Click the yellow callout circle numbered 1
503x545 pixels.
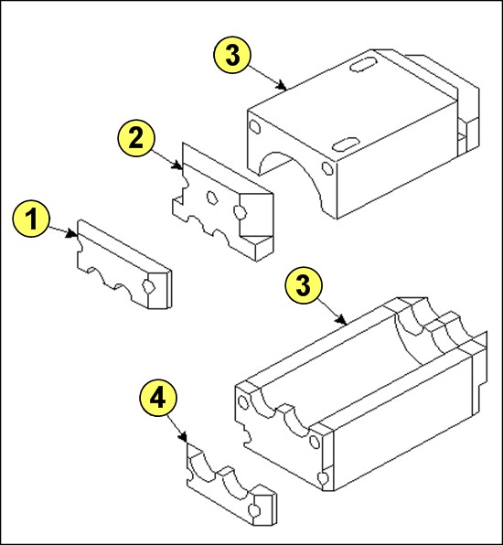31,219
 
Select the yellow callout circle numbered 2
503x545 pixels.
136,138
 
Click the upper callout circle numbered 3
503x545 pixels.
232,55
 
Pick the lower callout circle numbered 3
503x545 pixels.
304,285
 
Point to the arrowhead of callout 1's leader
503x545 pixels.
73,234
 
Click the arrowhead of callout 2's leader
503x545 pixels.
178,166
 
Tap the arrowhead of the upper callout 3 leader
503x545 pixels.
283,86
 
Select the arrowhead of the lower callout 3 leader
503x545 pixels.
342,320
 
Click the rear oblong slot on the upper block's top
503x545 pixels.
363,64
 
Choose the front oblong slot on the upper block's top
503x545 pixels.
346,144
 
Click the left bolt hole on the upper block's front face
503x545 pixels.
255,127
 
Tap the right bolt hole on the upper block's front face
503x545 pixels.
327,168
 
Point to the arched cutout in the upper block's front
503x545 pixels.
292,174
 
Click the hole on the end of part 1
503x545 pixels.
149,285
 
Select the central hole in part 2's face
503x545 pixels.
211,198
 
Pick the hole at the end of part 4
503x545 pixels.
254,510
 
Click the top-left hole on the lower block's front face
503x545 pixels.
243,403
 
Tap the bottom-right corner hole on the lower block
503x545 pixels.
324,478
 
